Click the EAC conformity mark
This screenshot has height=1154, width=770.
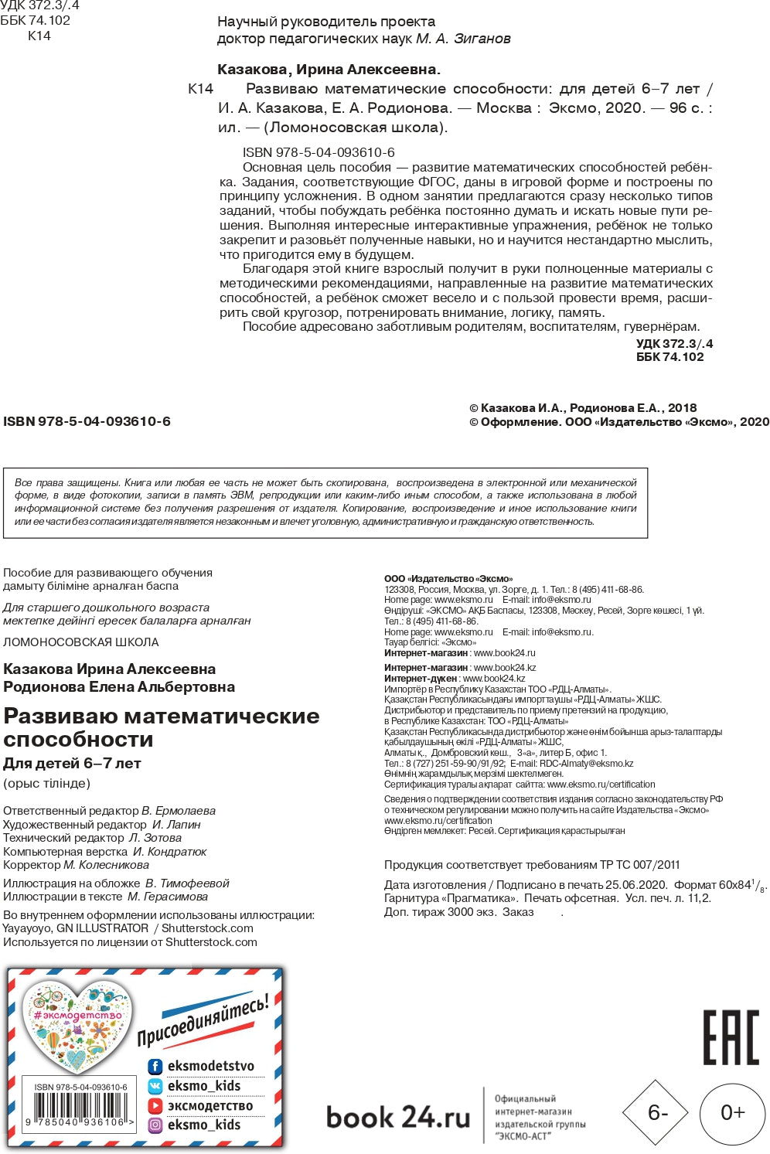point(731,1037)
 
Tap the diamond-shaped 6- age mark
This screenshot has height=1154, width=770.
point(656,1112)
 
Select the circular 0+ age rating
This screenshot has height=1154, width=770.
point(732,1112)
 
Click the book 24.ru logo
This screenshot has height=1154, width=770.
point(398,1117)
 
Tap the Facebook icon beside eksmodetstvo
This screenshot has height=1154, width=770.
point(155,1067)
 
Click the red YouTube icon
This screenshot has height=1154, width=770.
point(155,1106)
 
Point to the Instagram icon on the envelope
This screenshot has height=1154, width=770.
point(155,1125)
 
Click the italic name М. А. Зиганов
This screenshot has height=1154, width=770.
point(463,39)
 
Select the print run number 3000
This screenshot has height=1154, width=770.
point(462,912)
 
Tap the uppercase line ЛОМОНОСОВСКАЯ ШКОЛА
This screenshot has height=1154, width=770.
point(81,642)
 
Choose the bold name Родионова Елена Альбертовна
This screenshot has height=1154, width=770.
point(119,686)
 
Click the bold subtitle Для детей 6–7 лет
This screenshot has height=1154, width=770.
point(73,764)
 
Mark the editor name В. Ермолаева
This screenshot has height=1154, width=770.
point(179,811)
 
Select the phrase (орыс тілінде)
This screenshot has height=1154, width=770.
point(47,784)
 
